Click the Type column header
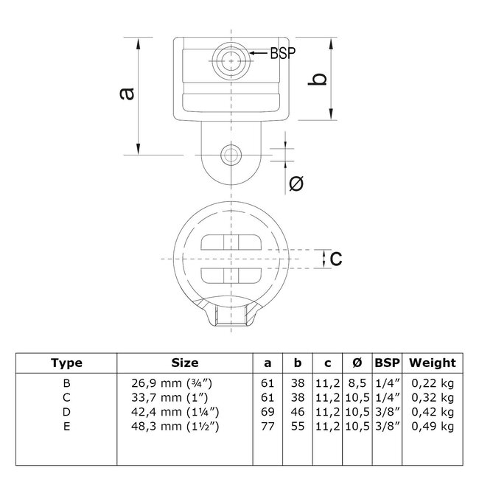pyautogui.click(x=66, y=363)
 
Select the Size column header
pyautogui.click(x=184, y=363)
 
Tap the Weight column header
pyautogui.click(x=433, y=363)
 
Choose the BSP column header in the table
pyautogui.click(x=386, y=363)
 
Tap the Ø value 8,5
pyautogui.click(x=356, y=384)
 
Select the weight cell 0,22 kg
pyautogui.click(x=433, y=384)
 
